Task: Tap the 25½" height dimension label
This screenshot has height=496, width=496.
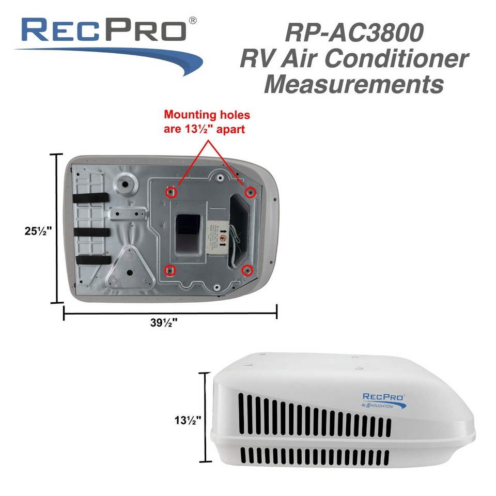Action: click(38, 231)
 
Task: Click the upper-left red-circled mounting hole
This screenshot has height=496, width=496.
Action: click(171, 192)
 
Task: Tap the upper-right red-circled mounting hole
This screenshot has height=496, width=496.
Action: click(250, 192)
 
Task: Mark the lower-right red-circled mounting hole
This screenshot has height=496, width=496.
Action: click(247, 270)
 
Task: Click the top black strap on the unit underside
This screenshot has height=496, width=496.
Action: click(90, 198)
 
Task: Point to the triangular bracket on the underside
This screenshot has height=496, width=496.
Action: click(130, 268)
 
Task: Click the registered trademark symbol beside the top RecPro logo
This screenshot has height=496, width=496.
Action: click(193, 21)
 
